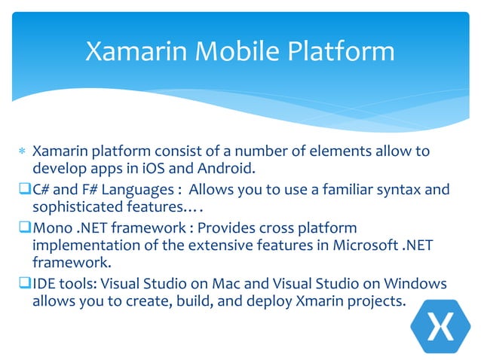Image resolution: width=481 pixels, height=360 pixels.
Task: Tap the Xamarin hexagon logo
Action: pos(440,328)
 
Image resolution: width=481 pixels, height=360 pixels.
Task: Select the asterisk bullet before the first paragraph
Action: pos(22,153)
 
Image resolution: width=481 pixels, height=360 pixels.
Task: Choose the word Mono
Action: pos(52,227)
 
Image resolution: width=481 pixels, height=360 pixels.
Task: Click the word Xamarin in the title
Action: pos(133,51)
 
